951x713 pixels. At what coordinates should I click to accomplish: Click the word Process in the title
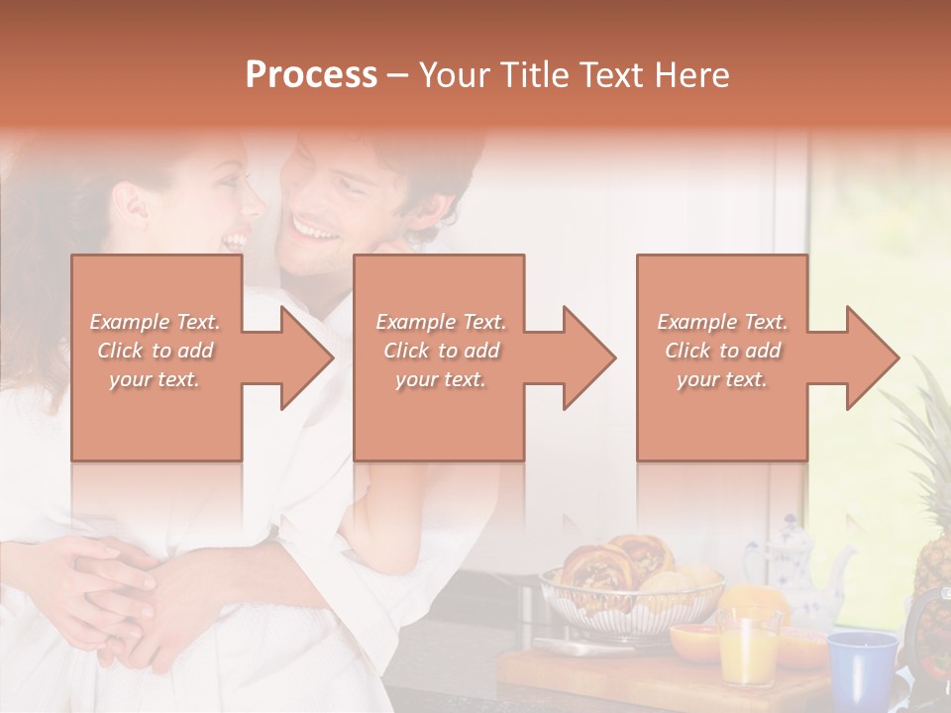(311, 75)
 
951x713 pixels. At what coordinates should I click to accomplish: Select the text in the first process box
(156, 351)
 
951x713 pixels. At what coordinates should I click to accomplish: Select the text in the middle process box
(441, 351)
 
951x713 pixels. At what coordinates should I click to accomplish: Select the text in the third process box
(722, 351)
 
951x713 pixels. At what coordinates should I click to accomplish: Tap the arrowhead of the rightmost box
(871, 357)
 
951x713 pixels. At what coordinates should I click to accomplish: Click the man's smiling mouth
(315, 230)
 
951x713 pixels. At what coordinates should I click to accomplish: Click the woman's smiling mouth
(237, 239)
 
